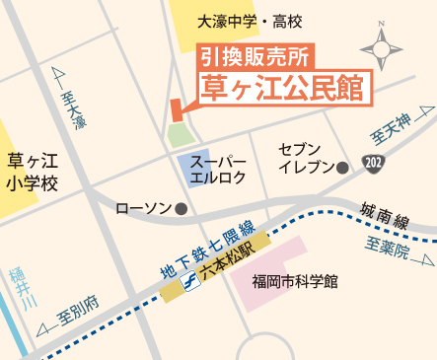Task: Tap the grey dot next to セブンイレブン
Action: click(x=342, y=169)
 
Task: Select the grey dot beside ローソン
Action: click(x=181, y=209)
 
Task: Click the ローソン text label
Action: click(x=144, y=209)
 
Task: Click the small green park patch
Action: click(x=178, y=135)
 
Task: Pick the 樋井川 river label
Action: click(x=17, y=288)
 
